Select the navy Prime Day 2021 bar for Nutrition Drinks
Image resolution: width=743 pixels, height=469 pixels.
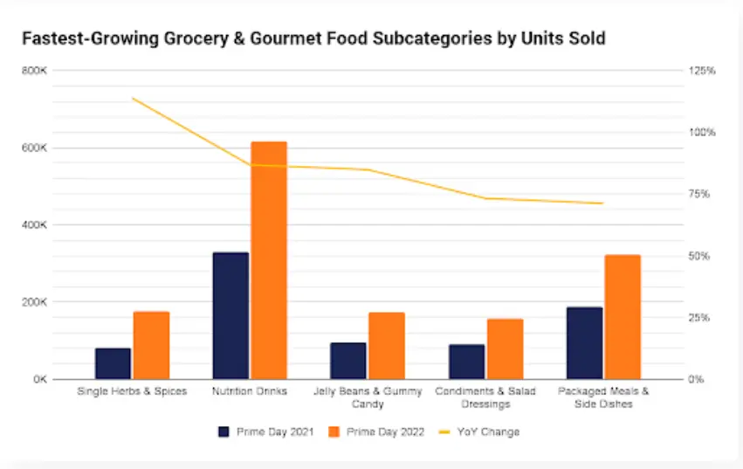point(230,315)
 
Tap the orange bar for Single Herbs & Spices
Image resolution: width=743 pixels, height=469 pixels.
point(151,345)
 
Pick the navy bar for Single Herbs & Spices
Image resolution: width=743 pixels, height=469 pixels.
point(113,363)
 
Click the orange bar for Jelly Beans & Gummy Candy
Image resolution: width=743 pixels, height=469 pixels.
point(387,345)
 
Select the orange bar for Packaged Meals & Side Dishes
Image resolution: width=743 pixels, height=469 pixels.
point(623,316)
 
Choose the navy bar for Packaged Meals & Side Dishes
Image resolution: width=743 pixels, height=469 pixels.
point(584,342)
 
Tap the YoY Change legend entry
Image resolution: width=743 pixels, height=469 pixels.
point(482,431)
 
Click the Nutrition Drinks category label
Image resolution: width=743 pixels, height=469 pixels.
point(250,391)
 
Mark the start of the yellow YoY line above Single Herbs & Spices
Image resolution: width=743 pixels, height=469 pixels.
point(132,98)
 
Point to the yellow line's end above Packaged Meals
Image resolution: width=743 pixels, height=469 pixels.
point(602,203)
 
